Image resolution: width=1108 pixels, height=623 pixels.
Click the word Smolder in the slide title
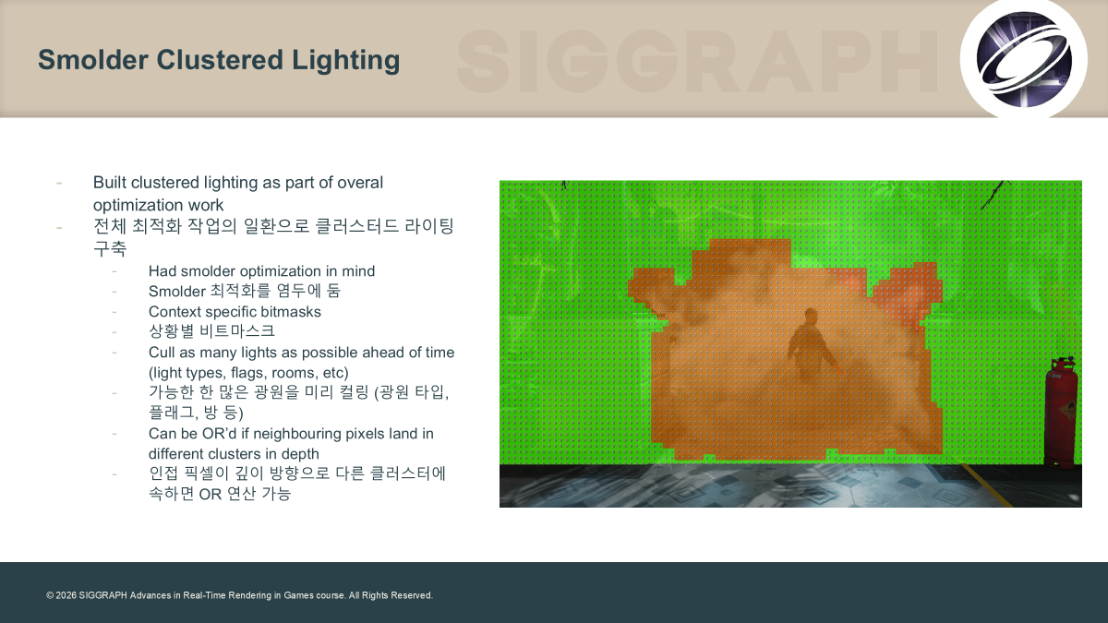point(93,59)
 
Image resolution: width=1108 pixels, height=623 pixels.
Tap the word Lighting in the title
point(345,61)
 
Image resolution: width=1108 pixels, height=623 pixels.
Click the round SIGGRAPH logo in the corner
point(1023,59)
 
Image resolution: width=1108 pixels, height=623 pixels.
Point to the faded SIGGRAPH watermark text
point(697,61)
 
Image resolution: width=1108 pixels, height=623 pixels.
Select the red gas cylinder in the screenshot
point(1062,412)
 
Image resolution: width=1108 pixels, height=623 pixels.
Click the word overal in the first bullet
point(359,183)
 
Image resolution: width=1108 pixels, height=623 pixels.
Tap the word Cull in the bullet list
point(162,352)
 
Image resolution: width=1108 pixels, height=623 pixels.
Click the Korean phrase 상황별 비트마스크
point(211,330)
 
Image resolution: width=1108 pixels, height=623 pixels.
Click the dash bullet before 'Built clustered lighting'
point(59,184)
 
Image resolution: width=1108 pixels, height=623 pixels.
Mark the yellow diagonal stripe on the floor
point(987,485)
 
